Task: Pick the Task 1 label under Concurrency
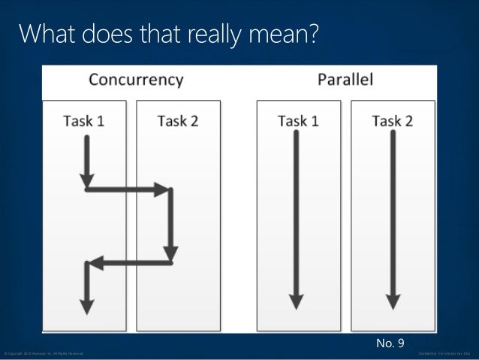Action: (84, 121)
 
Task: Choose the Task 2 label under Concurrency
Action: (178, 121)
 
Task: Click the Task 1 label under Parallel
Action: (298, 121)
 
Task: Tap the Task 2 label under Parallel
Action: (392, 121)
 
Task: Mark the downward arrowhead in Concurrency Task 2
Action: (172, 255)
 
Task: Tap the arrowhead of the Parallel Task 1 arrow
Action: (297, 301)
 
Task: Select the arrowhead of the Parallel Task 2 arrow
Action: (391, 301)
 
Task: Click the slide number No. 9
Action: (390, 343)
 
